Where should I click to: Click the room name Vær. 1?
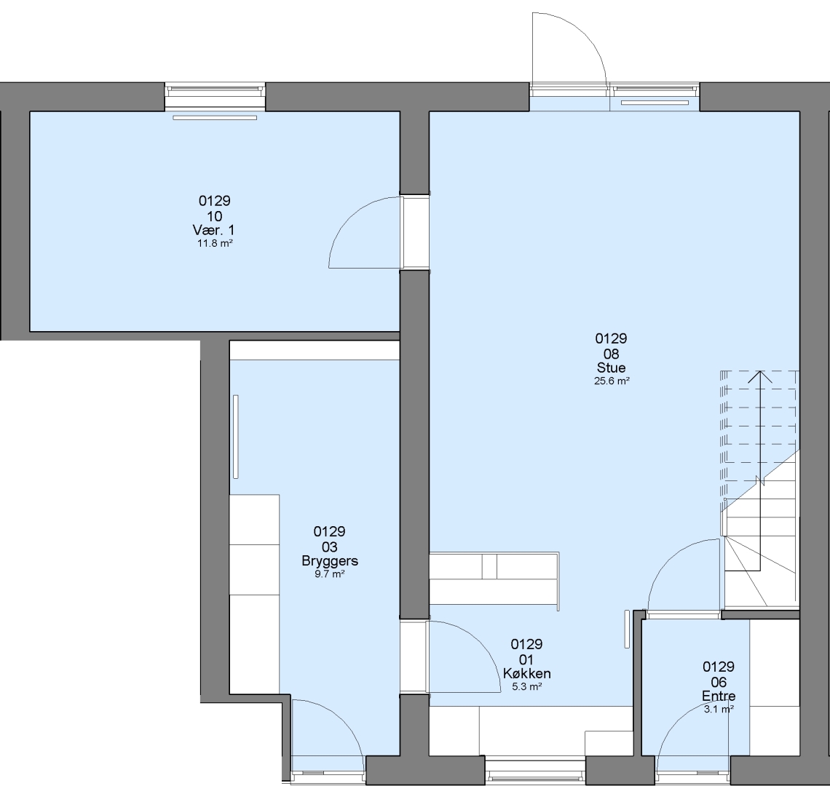(213, 230)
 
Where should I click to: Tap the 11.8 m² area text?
(215, 244)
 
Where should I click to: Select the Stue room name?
(611, 368)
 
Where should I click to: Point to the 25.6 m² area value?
(612, 381)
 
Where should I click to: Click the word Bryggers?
(330, 561)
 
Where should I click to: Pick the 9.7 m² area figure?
(330, 574)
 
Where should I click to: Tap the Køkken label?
(526, 674)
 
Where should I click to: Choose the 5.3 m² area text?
(526, 687)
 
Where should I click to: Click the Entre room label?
(719, 696)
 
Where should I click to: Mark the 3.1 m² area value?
(719, 710)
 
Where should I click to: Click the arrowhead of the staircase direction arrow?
(759, 376)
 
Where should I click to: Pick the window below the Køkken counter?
(535, 770)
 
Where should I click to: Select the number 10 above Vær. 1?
(214, 216)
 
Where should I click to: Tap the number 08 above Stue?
(612, 354)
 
